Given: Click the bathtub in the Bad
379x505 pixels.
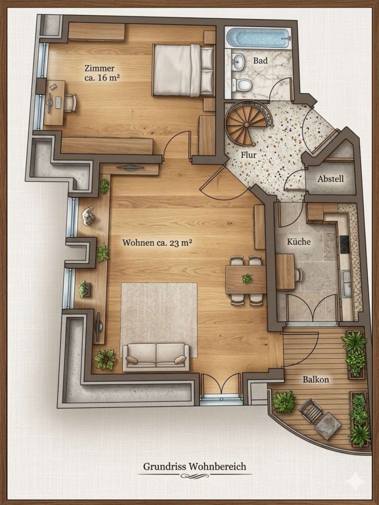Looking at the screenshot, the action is coord(258,38).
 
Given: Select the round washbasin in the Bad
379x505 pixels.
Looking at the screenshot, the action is coord(238,61).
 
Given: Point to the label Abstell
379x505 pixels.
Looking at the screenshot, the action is coord(330,179).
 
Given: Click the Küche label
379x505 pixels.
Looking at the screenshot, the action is coord(299,241).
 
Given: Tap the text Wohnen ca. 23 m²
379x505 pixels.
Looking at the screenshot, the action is coord(157,242).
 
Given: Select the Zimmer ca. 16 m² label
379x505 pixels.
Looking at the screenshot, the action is coord(102,73).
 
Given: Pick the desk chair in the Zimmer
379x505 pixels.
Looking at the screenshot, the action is coord(71,103).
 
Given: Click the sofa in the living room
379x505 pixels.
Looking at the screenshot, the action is coord(156,357).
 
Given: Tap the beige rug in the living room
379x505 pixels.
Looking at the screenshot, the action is coord(159,320).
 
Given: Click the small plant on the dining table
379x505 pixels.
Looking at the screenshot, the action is coord(247,278).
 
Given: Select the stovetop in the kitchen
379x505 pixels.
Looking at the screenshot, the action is coord(344,245).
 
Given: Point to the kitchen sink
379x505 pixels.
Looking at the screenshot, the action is coord(347,284).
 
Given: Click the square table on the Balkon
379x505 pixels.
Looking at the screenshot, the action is coord(327,426).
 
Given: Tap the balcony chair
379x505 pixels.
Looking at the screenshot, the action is coord(310,411).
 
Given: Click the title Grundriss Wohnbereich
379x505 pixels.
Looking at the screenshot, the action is coord(195,466).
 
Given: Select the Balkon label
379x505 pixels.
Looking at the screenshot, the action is coord(316,380).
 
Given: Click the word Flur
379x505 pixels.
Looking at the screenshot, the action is coord(249,155).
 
